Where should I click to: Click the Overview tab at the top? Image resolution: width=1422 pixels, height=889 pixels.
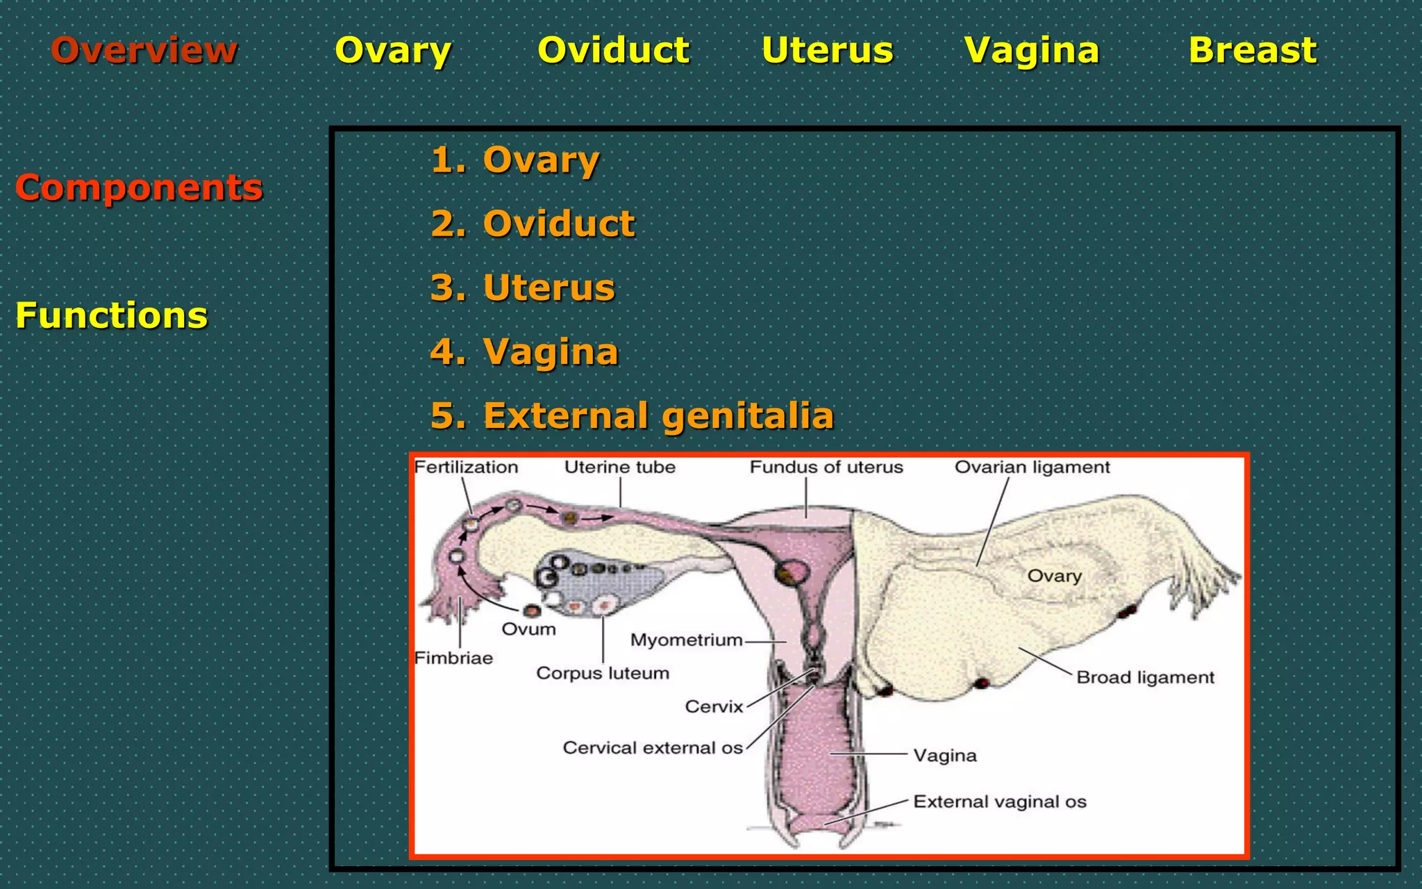point(144,50)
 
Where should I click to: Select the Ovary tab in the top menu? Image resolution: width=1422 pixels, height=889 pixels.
point(393,50)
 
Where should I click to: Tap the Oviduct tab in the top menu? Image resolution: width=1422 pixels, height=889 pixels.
point(614,50)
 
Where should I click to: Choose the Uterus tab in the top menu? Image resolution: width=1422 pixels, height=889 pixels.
point(827,50)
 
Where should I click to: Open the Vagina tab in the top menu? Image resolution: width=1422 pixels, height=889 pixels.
point(1032,50)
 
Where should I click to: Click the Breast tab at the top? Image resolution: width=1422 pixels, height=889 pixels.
point(1253,50)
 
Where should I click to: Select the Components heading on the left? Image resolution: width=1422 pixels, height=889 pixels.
point(139,188)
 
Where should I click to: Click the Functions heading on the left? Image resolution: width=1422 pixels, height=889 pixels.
point(111,315)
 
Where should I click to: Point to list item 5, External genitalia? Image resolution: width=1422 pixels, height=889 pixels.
point(632,415)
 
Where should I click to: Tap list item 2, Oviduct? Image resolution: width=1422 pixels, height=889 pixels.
point(533,224)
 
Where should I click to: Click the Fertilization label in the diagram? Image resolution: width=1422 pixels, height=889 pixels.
point(466,467)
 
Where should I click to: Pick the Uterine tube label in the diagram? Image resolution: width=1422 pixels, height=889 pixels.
point(619,467)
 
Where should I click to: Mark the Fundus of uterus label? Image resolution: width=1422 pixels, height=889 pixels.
point(826,467)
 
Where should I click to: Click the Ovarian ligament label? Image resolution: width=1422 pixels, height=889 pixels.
point(1032,467)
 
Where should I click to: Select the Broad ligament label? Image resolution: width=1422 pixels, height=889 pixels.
point(1145,677)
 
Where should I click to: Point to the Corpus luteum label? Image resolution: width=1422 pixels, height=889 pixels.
point(603,673)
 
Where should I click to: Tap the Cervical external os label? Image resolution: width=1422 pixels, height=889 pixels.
point(653,748)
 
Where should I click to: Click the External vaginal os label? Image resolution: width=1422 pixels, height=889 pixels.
point(1000,802)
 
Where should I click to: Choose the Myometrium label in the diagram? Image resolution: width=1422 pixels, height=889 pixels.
point(686,640)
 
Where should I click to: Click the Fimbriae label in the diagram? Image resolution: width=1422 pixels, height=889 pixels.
point(453,658)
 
